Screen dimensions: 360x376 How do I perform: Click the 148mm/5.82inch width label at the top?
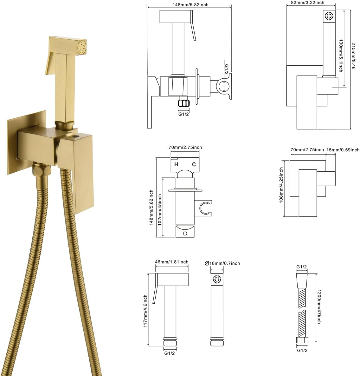tap(190, 4)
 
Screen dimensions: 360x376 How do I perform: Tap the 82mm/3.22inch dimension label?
tap(307, 3)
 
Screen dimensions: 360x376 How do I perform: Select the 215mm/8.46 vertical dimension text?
tap(353, 56)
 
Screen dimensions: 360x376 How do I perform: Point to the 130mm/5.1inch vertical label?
tap(341, 56)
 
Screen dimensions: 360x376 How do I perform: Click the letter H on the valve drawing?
tap(176, 164)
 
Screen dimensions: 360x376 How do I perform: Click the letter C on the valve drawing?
tap(194, 164)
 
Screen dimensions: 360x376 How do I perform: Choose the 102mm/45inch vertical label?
tap(160, 210)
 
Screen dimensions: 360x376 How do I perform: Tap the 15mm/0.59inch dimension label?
tap(343, 150)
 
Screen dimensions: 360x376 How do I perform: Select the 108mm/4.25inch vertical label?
tap(281, 185)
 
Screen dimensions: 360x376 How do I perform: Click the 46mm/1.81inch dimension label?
tap(171, 262)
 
